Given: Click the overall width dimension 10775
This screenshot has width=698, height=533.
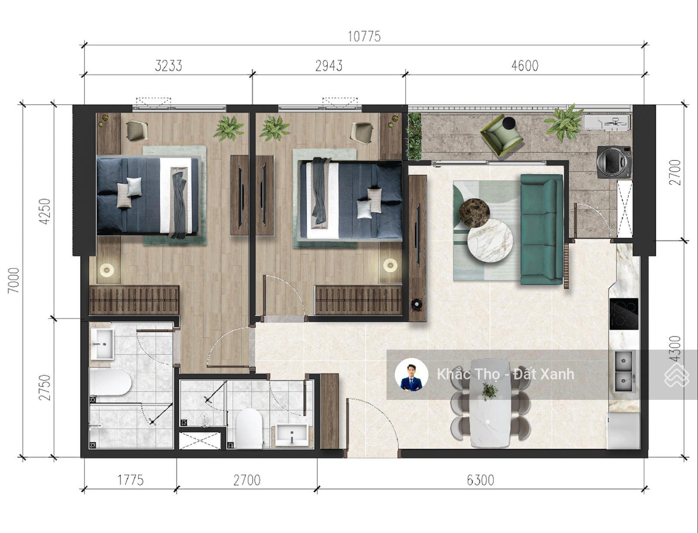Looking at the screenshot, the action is click(364, 36).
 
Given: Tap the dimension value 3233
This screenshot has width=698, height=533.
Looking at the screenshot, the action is click(168, 66).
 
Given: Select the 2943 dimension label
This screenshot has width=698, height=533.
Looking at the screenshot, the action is click(329, 66).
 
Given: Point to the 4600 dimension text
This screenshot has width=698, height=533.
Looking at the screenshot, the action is click(525, 66).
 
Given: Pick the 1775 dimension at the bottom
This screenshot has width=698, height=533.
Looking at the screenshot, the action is click(131, 480).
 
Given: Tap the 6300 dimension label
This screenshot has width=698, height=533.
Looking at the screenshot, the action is click(480, 480).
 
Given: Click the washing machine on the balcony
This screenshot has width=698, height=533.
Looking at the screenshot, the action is click(613, 162).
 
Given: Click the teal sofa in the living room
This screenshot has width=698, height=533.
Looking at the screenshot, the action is click(542, 229).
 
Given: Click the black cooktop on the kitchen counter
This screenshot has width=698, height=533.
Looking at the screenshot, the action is click(624, 314).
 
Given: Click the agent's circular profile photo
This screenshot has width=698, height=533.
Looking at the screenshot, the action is click(411, 375).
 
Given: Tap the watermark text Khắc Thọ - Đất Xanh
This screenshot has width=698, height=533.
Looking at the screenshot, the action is click(505, 374).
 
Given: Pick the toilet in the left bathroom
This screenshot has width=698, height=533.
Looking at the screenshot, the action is click(110, 382).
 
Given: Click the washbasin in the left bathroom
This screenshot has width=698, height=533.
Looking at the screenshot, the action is click(102, 344).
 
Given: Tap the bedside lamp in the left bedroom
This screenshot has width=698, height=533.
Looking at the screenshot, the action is click(106, 270).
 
